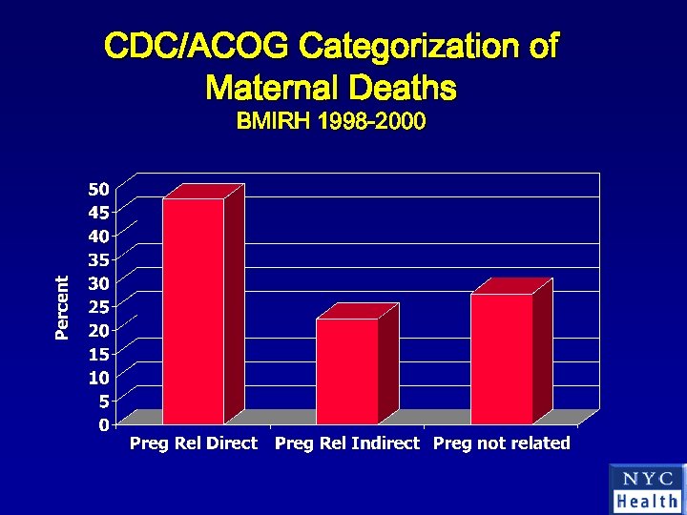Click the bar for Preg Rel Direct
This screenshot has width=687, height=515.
coord(194,311)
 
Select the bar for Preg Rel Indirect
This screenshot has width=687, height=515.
coord(347,371)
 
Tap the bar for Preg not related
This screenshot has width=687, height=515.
coord(501,359)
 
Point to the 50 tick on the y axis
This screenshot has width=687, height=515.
coord(100,187)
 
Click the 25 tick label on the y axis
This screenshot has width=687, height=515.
coord(100,306)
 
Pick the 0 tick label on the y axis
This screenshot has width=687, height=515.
coord(104,425)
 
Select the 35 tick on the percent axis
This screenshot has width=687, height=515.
coord(100,258)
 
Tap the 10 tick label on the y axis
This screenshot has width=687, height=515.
coord(100,378)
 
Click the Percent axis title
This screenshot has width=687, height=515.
coord(62,307)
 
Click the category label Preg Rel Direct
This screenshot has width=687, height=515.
coord(194,443)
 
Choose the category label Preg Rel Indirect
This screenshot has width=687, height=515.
coord(347,443)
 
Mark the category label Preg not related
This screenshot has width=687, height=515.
coord(502,443)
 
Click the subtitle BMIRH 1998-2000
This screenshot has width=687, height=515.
coord(330,122)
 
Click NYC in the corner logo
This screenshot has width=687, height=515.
coord(647,479)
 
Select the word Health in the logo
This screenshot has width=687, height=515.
coord(647,501)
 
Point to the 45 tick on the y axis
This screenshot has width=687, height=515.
coord(100,211)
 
